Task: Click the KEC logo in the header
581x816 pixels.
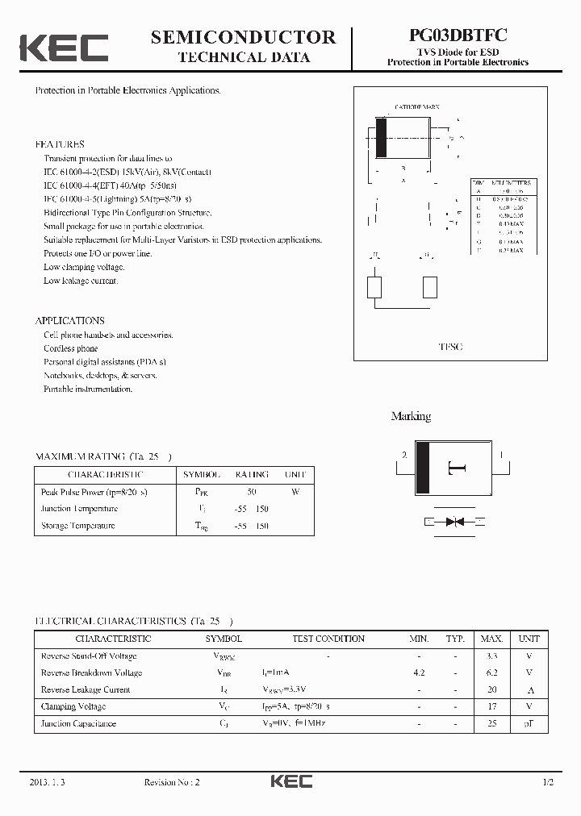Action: pyautogui.click(x=64, y=48)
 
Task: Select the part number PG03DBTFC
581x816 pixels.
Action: pyautogui.click(x=458, y=36)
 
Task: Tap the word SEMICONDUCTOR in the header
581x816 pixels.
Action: pyautogui.click(x=243, y=37)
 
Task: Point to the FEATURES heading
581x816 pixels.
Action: pyautogui.click(x=60, y=144)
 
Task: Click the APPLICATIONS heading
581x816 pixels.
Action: pyautogui.click(x=70, y=320)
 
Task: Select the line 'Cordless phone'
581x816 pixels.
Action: pyautogui.click(x=71, y=348)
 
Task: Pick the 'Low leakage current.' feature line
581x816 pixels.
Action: pyautogui.click(x=81, y=281)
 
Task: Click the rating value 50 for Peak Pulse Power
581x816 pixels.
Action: pyautogui.click(x=252, y=491)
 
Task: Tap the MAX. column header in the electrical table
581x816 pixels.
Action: pyautogui.click(x=491, y=639)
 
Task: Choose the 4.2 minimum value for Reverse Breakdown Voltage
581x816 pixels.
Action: pyautogui.click(x=419, y=672)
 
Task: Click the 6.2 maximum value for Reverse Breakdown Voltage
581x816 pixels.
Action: pyautogui.click(x=491, y=672)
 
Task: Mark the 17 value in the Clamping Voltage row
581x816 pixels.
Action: pyautogui.click(x=491, y=706)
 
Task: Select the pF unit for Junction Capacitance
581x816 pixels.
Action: pyautogui.click(x=529, y=723)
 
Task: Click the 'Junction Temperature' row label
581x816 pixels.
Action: pyautogui.click(x=79, y=509)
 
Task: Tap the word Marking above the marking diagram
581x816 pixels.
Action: pyautogui.click(x=411, y=416)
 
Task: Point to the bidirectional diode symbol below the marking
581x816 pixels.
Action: pyautogui.click(x=454, y=522)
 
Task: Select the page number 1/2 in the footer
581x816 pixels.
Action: pyautogui.click(x=549, y=782)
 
